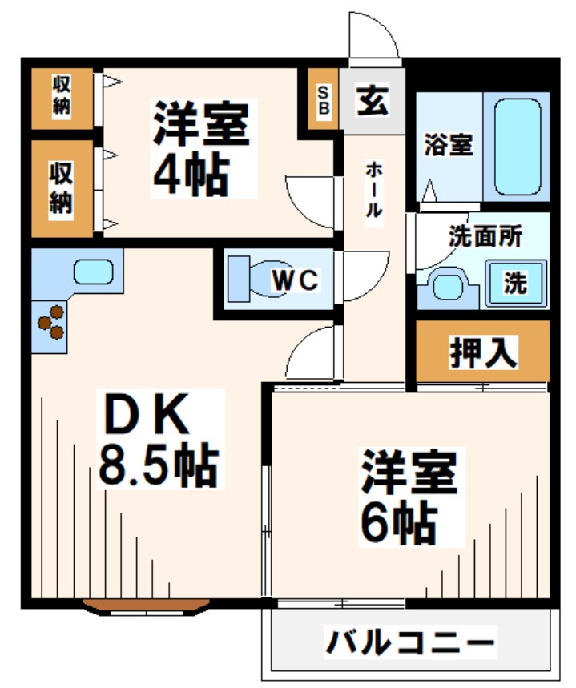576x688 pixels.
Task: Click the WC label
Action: point(296,281)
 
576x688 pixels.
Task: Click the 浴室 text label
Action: point(449,146)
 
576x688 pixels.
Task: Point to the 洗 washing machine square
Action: point(515,283)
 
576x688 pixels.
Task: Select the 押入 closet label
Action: point(483,352)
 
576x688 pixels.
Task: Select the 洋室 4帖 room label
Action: point(202,148)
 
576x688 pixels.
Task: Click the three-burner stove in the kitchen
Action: point(52,321)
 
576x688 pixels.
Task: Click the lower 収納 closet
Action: point(62,187)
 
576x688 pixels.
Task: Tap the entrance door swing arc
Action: point(373,36)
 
